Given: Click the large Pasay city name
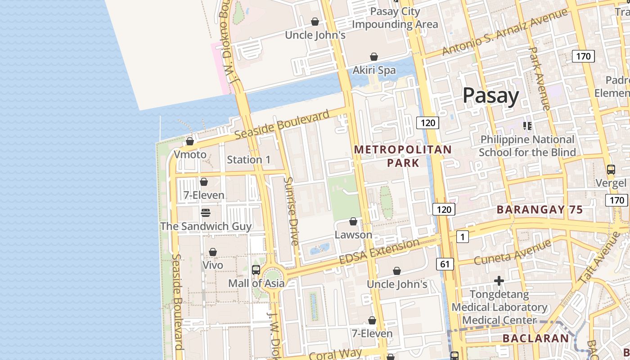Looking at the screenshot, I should click(490, 95).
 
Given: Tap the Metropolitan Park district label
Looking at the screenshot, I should click(403, 156).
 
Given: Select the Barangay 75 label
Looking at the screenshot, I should click(540, 209).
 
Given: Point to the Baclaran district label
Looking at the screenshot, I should click(535, 338).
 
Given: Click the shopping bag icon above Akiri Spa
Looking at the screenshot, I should click(373, 57).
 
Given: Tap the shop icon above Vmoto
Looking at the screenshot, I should click(190, 141).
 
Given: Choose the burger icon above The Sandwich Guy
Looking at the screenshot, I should click(206, 212).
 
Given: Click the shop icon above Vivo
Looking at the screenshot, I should click(213, 252).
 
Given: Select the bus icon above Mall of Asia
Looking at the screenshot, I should click(256, 270).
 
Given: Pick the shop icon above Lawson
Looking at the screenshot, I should click(353, 221).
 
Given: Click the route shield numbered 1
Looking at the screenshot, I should click(462, 236).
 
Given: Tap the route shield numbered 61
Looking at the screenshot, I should click(445, 264).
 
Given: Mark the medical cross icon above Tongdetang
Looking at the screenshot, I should click(499, 281).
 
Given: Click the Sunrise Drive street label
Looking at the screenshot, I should click(291, 211).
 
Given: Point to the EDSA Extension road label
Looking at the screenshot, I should click(379, 252).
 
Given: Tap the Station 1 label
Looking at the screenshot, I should click(248, 160).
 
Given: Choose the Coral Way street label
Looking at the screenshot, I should click(335, 354).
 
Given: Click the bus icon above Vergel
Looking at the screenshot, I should click(611, 170).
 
